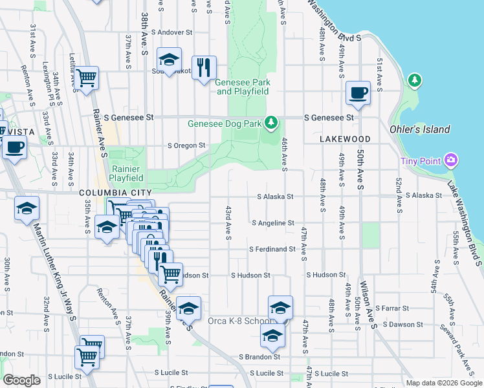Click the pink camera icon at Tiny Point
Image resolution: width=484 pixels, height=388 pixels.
click(452, 160)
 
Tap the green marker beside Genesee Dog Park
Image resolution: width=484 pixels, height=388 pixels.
click(272, 122)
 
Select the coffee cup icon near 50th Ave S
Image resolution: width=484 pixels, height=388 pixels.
click(358, 92)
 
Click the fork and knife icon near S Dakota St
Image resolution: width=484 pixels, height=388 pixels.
click(204, 67)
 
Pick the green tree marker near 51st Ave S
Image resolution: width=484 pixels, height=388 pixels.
click(414, 80)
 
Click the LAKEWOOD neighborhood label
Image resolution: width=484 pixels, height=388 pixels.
click(345, 139)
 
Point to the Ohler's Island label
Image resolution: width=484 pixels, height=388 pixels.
click(420, 129)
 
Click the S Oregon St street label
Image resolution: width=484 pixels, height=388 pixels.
click(186, 145)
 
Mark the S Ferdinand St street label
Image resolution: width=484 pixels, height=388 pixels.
click(273, 249)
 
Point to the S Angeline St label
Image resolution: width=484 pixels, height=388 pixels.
click(273, 223)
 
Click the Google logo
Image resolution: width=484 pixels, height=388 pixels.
click(21, 380)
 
